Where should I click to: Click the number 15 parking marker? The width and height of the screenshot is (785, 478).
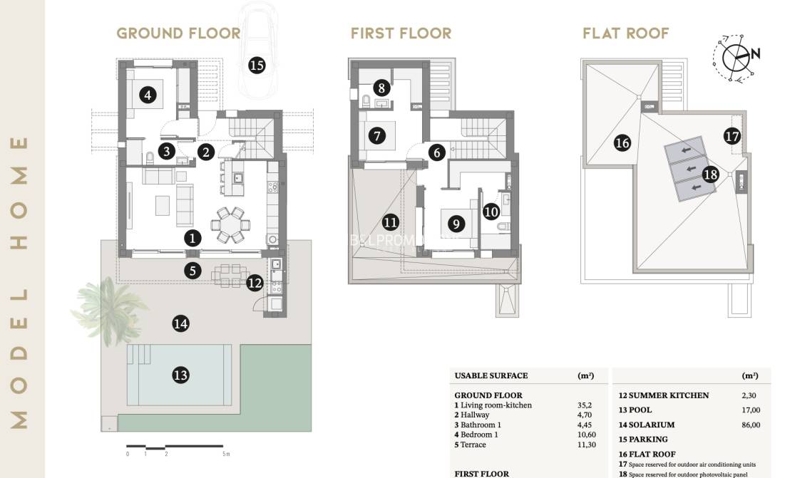[257, 66]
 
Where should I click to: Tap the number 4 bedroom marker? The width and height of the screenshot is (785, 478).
[148, 95]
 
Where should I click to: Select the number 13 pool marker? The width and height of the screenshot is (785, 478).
[180, 374]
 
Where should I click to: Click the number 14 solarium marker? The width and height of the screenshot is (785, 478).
[180, 324]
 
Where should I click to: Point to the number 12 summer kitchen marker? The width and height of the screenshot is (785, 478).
[255, 283]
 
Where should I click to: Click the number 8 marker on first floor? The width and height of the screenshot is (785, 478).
[382, 88]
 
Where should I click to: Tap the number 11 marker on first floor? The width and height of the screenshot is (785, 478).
[390, 222]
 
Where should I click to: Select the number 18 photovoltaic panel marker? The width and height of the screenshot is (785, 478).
[709, 174]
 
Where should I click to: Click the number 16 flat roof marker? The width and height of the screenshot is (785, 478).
[622, 143]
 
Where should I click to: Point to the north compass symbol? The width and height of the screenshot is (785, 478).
[737, 55]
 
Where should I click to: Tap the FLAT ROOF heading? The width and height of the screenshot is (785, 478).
[625, 33]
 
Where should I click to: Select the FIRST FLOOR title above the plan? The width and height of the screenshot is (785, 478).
[401, 33]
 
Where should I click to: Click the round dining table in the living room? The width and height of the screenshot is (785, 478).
[230, 225]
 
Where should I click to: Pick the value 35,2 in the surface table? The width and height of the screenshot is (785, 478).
[584, 405]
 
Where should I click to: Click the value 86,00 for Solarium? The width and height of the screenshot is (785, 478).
[751, 425]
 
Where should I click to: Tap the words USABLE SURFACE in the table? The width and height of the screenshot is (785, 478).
[491, 376]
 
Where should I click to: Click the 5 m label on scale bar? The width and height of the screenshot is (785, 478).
[225, 454]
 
